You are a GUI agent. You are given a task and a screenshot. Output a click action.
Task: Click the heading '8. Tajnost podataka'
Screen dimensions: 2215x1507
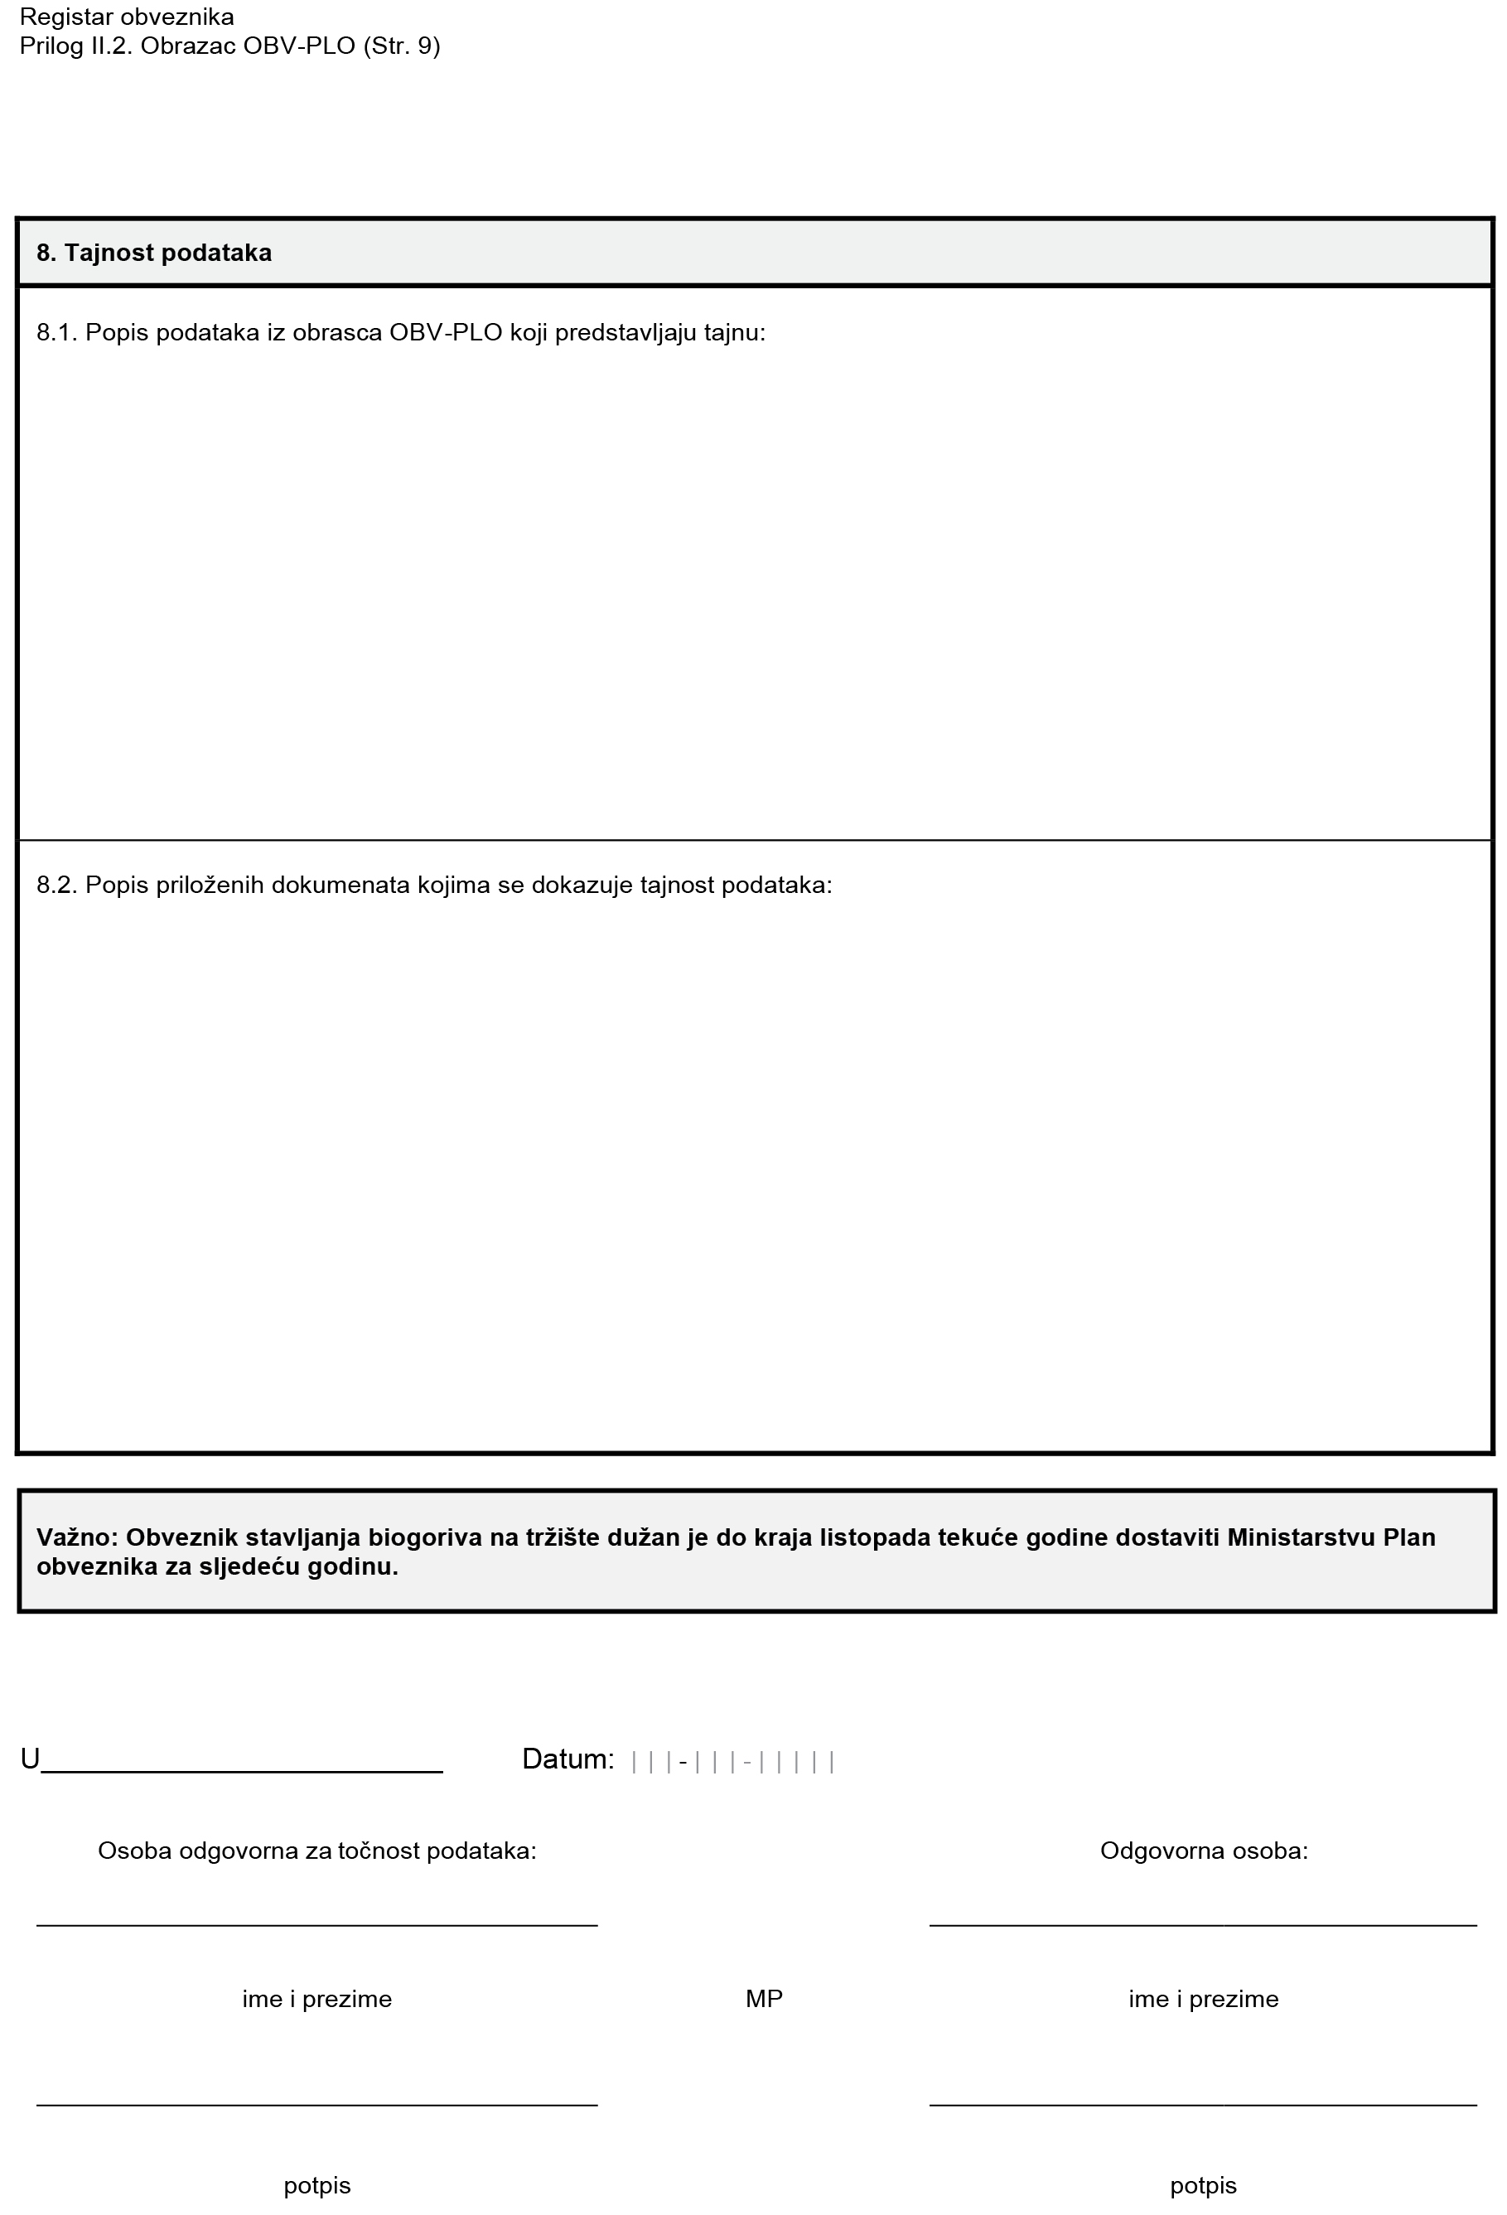(153, 253)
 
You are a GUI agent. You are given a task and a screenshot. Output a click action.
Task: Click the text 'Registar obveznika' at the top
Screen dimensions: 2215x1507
(127, 17)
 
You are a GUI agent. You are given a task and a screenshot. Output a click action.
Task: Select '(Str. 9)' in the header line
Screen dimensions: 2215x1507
(401, 46)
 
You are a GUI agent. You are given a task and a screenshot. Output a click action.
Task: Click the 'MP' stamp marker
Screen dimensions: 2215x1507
(764, 1999)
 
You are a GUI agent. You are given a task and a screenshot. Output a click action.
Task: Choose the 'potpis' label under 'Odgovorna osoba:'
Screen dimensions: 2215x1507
(1203, 2185)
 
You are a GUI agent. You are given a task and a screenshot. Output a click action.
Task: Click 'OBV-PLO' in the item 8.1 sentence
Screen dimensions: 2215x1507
(446, 333)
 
